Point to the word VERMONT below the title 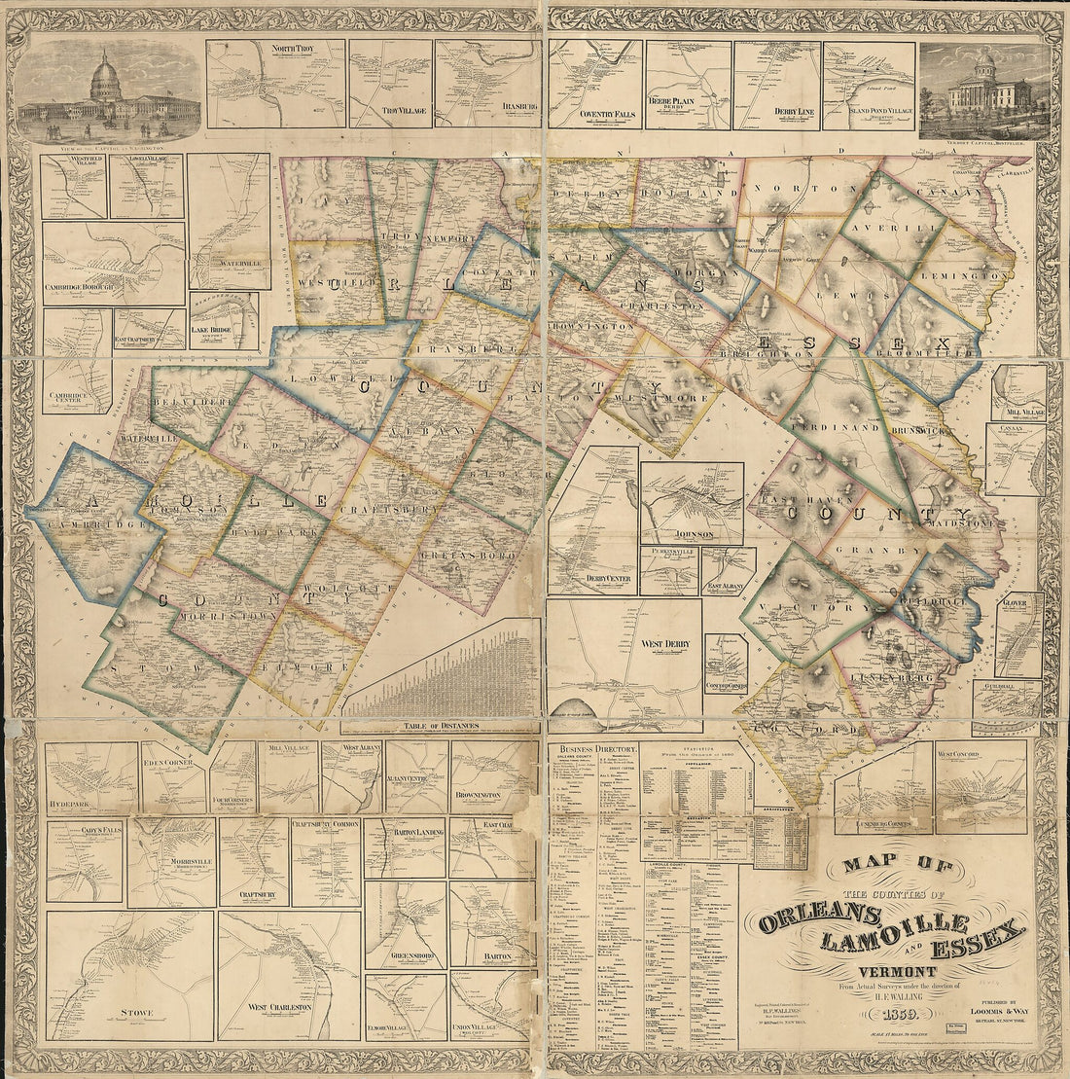[x=897, y=972]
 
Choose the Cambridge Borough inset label [x=79, y=288]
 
